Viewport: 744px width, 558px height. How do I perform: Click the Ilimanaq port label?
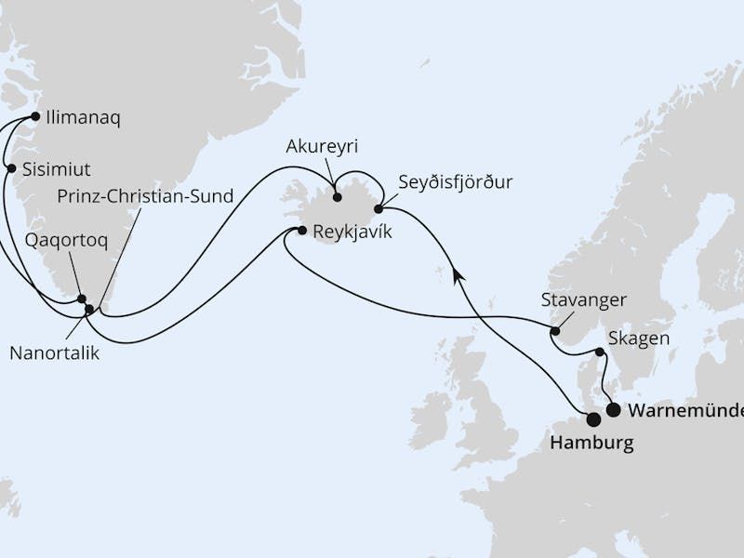[x=84, y=118]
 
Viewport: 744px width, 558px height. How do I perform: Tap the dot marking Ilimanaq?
[x=35, y=117]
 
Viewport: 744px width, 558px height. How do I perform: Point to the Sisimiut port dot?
[x=11, y=168]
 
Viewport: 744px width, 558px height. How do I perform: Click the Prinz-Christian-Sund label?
[x=145, y=196]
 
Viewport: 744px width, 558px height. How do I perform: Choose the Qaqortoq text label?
[x=66, y=240]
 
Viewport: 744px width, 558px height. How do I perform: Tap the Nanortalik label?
[x=54, y=353]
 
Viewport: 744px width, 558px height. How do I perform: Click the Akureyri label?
[x=323, y=147]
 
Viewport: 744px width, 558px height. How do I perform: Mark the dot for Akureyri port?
[x=337, y=197]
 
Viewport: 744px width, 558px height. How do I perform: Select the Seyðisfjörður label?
[x=455, y=181]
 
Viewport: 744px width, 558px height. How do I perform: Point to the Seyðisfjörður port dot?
[x=379, y=209]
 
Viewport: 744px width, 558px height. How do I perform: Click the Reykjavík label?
[x=352, y=232]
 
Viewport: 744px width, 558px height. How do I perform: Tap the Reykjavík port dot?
[x=301, y=230]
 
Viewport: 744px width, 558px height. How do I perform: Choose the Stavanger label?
[x=583, y=300]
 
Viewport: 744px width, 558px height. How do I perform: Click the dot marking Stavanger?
[x=555, y=331]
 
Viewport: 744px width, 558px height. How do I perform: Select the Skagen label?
[x=638, y=338]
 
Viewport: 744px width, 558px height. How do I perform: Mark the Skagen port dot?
[x=600, y=352]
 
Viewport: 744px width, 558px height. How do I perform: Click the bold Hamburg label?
[x=591, y=443]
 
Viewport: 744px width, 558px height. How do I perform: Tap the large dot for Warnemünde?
[x=613, y=409]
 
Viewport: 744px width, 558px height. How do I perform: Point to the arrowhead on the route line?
[x=457, y=272]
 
